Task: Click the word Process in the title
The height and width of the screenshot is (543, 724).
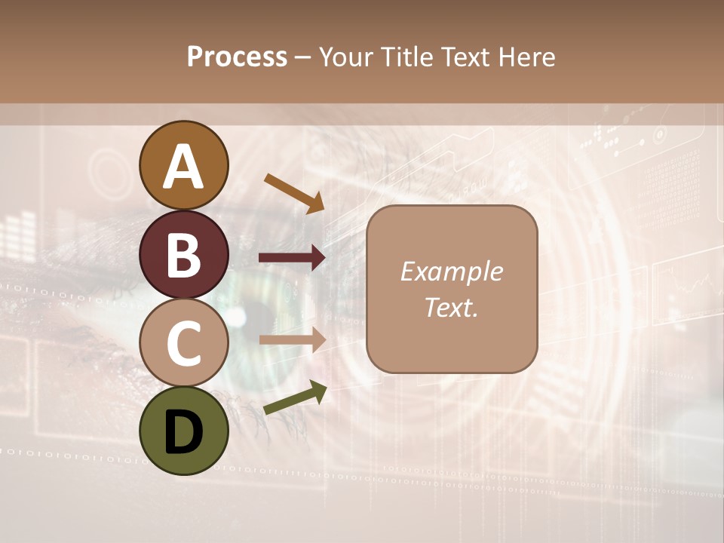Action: (237, 57)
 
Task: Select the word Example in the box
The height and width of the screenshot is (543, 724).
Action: (451, 272)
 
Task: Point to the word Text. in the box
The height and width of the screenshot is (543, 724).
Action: (451, 307)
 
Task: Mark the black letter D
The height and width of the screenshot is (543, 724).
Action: (184, 434)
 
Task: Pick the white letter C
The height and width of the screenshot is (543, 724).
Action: (184, 344)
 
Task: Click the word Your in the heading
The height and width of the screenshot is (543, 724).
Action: (345, 57)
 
